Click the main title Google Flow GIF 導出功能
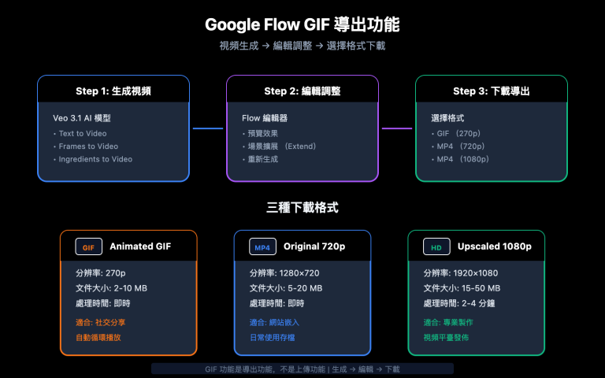[302, 24]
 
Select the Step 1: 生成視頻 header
[113, 91]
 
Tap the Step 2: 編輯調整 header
[302, 91]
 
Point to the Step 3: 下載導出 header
[491, 91]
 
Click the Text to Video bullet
[82, 133]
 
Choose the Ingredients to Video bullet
[95, 158]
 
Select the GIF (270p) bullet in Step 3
[457, 133]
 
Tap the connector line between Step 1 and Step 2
[208, 128]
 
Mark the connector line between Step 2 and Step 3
[397, 128]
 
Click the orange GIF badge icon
[89, 247]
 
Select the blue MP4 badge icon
[262, 247]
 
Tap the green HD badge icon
[436, 247]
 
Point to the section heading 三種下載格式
[302, 208]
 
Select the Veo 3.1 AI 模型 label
[81, 118]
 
